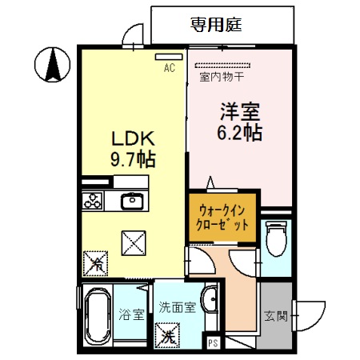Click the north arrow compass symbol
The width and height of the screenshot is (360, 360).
[x=52, y=63]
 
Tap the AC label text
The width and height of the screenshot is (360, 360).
[x=170, y=69]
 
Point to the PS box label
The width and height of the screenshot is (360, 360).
[x=213, y=343]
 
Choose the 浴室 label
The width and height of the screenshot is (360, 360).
[x=133, y=314]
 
